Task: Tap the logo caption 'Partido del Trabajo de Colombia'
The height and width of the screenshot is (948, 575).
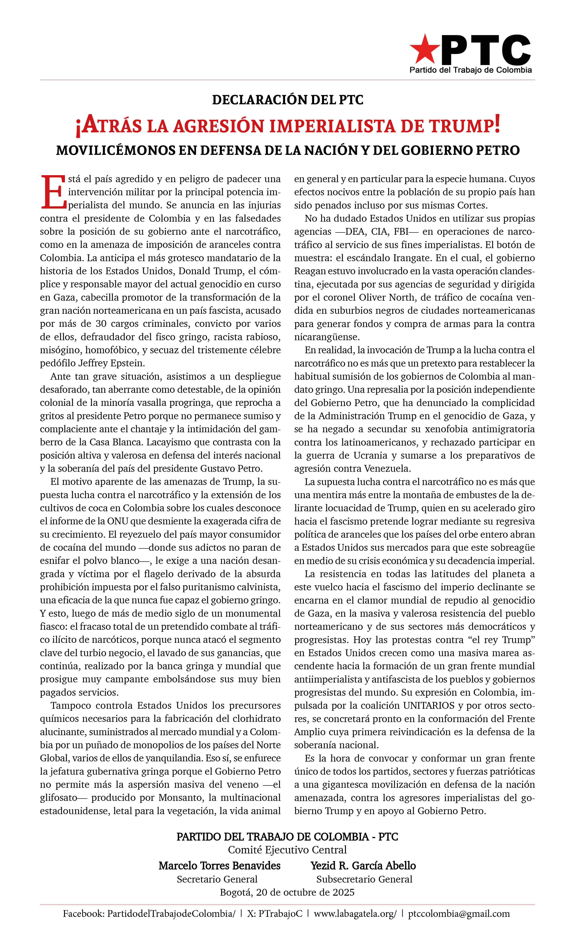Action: pyautogui.click(x=470, y=70)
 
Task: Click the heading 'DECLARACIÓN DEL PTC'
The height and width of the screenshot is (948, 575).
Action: pyautogui.click(x=287, y=100)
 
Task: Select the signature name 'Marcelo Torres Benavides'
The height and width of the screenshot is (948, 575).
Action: pyautogui.click(x=219, y=866)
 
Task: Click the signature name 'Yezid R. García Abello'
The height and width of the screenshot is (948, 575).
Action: pyautogui.click(x=363, y=866)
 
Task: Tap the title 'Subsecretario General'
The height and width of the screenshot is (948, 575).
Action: pyautogui.click(x=364, y=879)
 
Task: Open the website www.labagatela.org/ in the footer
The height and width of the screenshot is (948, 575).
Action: pyautogui.click(x=355, y=914)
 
